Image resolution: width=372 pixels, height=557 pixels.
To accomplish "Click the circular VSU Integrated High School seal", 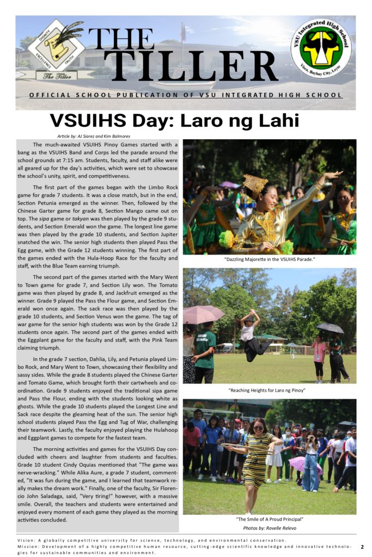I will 321,48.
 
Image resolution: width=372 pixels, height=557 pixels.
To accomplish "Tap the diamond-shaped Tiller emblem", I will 56,44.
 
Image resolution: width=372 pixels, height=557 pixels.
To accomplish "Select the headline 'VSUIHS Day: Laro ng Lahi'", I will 174,120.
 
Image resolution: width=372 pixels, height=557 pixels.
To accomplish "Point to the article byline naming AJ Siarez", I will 94,135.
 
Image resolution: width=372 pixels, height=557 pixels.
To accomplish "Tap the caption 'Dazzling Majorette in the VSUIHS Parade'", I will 270,259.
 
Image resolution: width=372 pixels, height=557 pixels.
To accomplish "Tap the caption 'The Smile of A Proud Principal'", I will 270,519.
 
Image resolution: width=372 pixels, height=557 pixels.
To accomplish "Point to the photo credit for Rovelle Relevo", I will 270,528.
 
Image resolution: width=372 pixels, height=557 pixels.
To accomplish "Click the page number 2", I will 362,546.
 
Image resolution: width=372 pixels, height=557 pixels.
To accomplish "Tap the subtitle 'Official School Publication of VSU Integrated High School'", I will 186,95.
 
